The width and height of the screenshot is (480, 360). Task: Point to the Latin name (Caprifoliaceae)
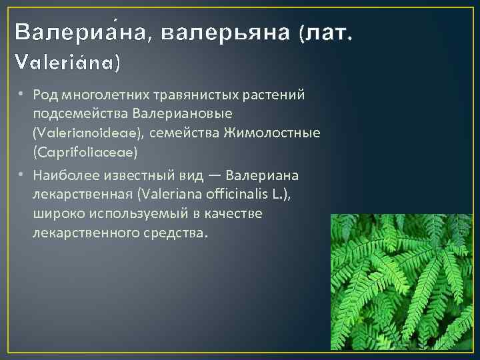(84, 153)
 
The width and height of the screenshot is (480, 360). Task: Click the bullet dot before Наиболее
(21, 175)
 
